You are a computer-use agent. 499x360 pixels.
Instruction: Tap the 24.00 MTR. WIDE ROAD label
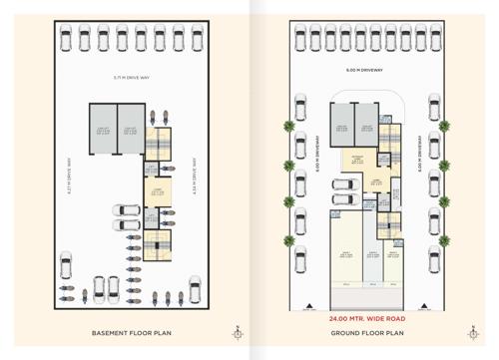pyautogui.click(x=365, y=318)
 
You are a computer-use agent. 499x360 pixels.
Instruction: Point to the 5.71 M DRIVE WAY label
pyautogui.click(x=130, y=77)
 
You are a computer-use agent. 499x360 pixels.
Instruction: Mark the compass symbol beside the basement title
pyautogui.click(x=237, y=332)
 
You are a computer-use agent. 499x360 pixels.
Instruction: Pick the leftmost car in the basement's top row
pyautogui.click(x=64, y=40)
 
